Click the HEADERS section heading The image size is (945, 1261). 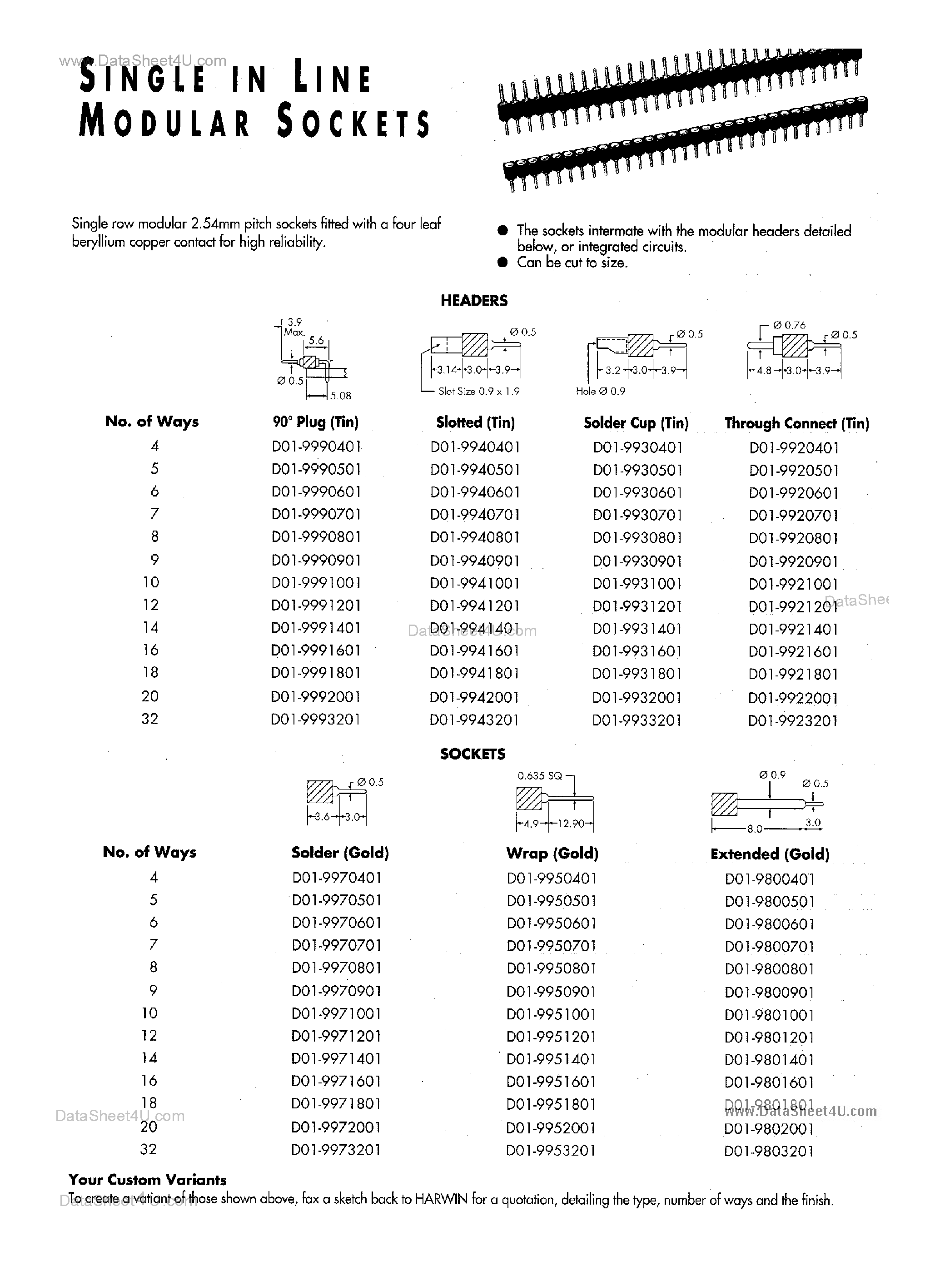coord(473,300)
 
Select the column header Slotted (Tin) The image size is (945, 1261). coord(475,422)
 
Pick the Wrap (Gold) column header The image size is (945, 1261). coord(552,854)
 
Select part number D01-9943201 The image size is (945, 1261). coord(474,720)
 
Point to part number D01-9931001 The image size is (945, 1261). coord(637,584)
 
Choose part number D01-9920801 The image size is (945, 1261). coord(793,538)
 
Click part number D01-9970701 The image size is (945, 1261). coord(337,945)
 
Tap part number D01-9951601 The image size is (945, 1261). coord(551,1082)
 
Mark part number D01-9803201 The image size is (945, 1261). coord(769,1151)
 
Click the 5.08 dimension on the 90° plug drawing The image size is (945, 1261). coord(340,395)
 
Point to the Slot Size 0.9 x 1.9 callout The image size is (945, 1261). coord(478,392)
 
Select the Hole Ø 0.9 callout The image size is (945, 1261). coord(600,391)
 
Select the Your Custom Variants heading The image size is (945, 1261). coord(148,1180)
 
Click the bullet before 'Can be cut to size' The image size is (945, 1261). coord(502,262)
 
